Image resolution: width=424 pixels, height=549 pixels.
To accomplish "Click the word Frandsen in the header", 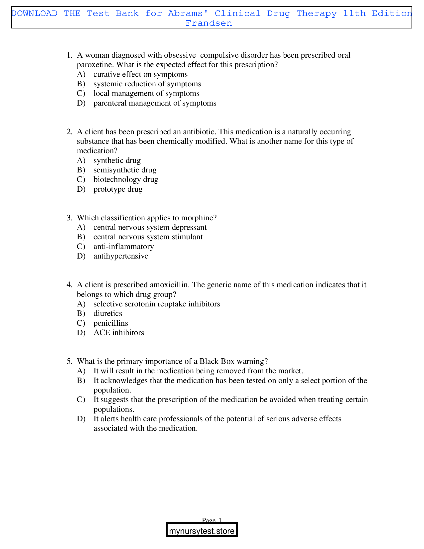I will (209, 23).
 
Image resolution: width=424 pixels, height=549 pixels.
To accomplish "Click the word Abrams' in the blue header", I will (188, 13).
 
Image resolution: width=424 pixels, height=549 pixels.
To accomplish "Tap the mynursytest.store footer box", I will (202, 531).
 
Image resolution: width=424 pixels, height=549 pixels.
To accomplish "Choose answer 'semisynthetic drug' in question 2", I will (125, 170).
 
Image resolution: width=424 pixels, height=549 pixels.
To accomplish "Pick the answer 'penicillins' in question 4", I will (111, 323).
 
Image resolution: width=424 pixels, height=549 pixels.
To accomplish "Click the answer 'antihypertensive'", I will (121, 256).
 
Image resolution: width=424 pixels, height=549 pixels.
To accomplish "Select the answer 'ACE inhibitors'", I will (119, 333).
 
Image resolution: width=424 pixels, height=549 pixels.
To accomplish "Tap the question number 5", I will (69, 361).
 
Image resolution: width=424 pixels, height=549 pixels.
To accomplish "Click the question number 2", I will (69, 132).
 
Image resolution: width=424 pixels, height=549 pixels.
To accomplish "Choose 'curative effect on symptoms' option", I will (140, 74).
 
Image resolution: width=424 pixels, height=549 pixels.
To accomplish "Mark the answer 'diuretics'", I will (108, 313).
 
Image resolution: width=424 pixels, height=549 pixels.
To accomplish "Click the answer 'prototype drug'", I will (118, 189).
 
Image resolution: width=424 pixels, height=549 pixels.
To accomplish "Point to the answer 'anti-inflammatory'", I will (123, 246).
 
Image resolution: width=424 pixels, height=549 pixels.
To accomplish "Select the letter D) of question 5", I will (81, 419).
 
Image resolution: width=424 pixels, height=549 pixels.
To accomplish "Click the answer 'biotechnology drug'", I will (126, 179).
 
